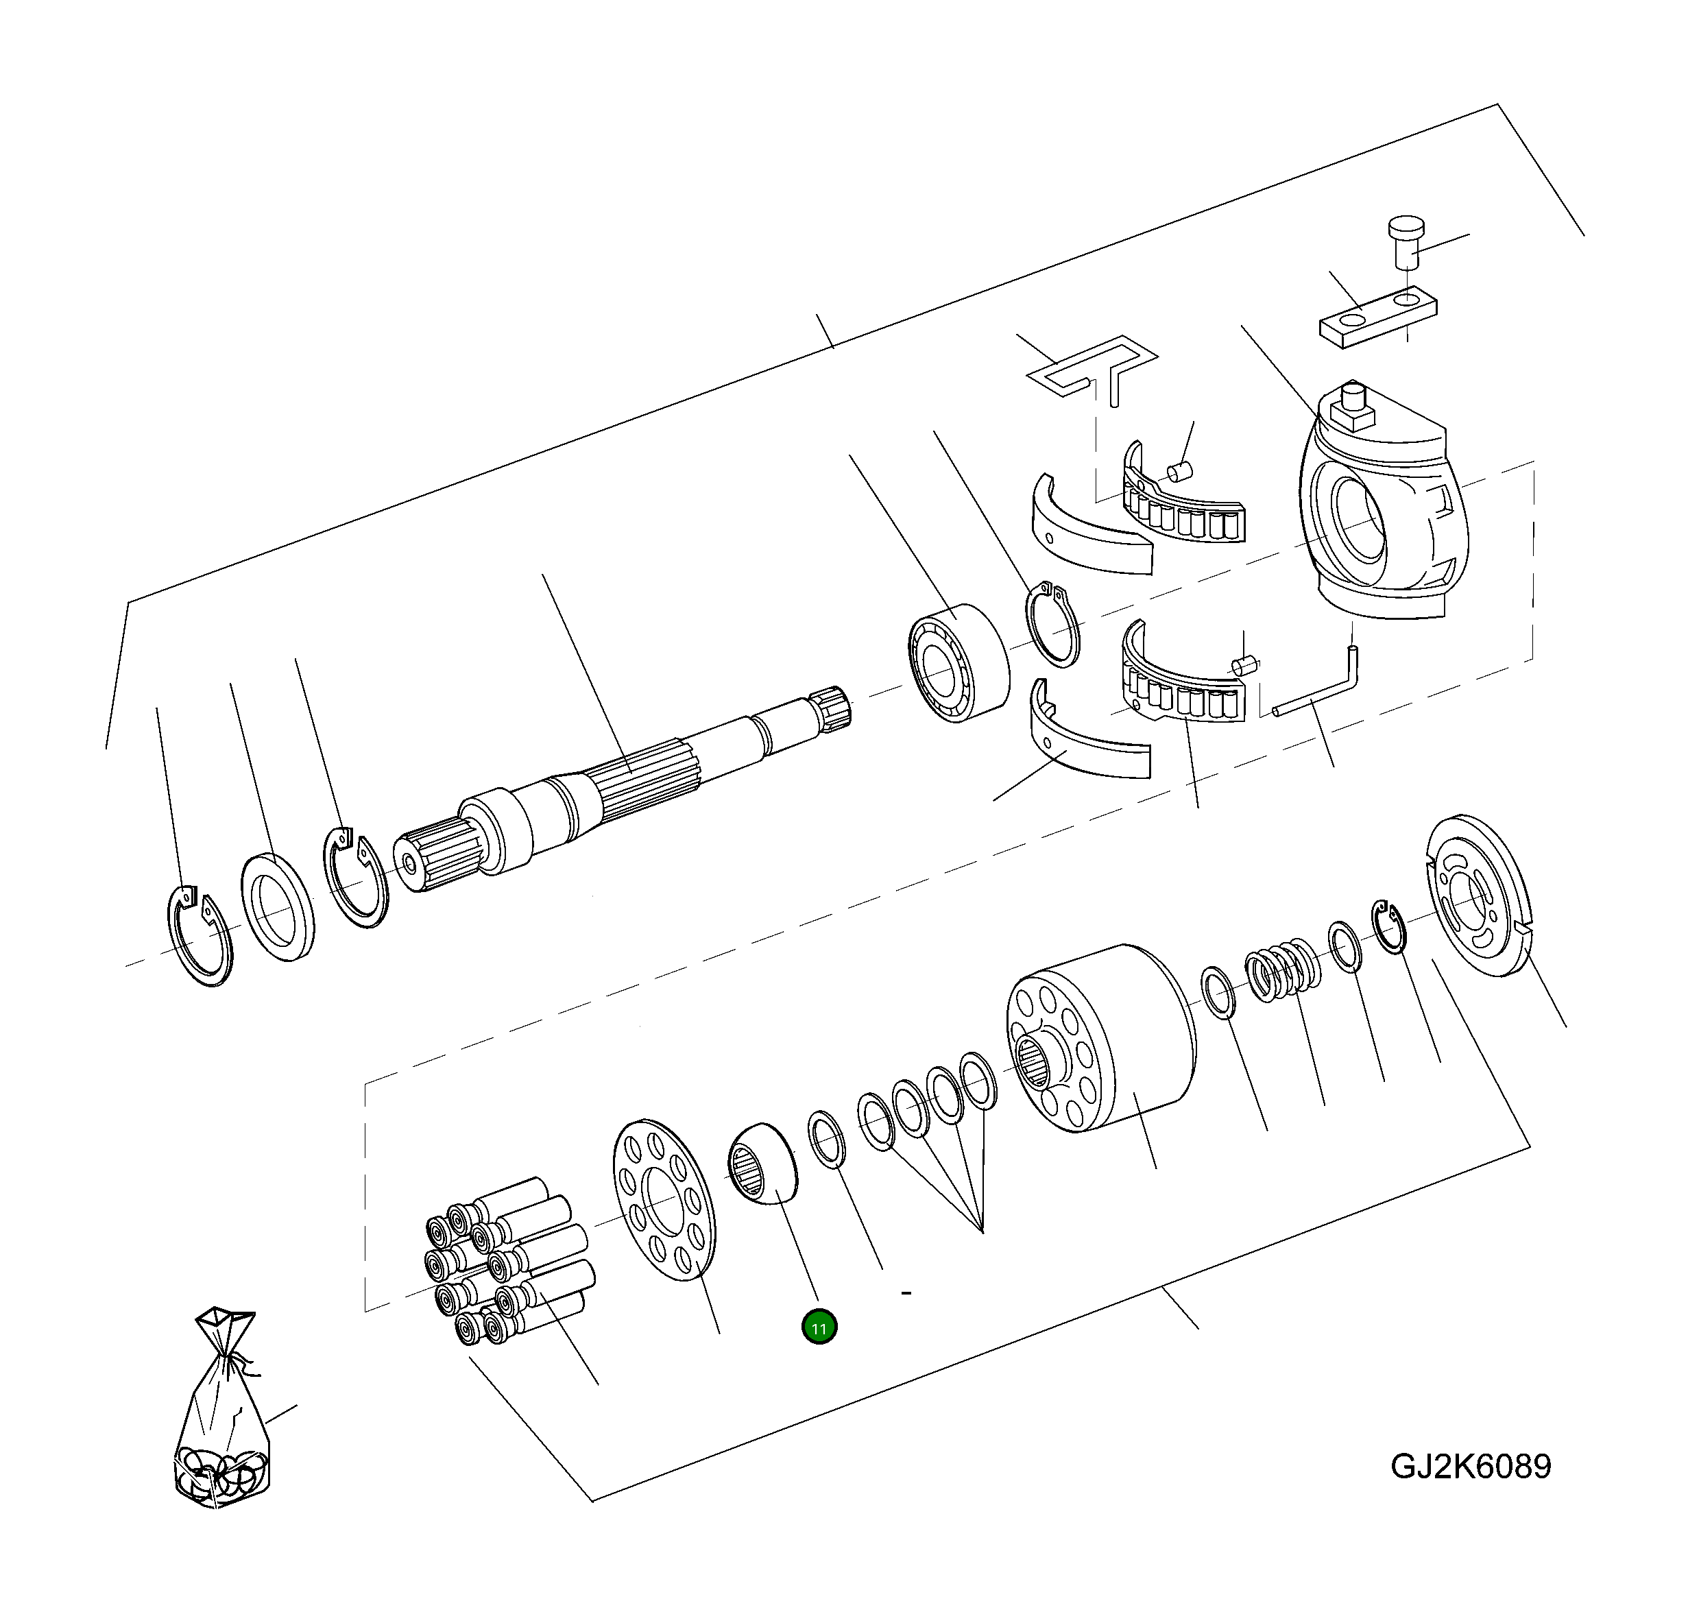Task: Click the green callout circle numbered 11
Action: [x=819, y=1327]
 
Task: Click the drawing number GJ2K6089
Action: [x=1471, y=1466]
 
